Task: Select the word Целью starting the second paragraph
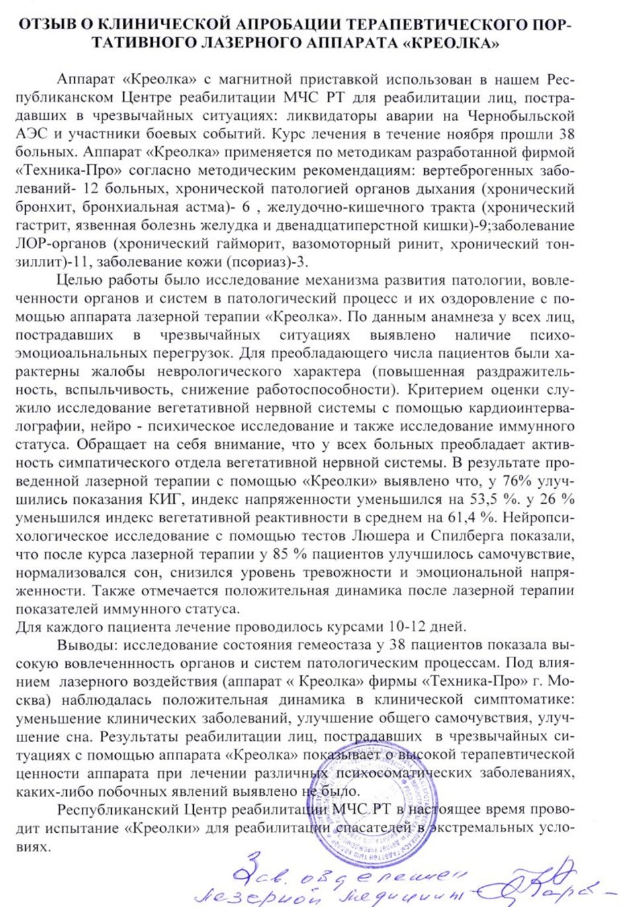(x=79, y=281)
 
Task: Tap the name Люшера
(x=378, y=536)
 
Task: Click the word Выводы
(x=79, y=645)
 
